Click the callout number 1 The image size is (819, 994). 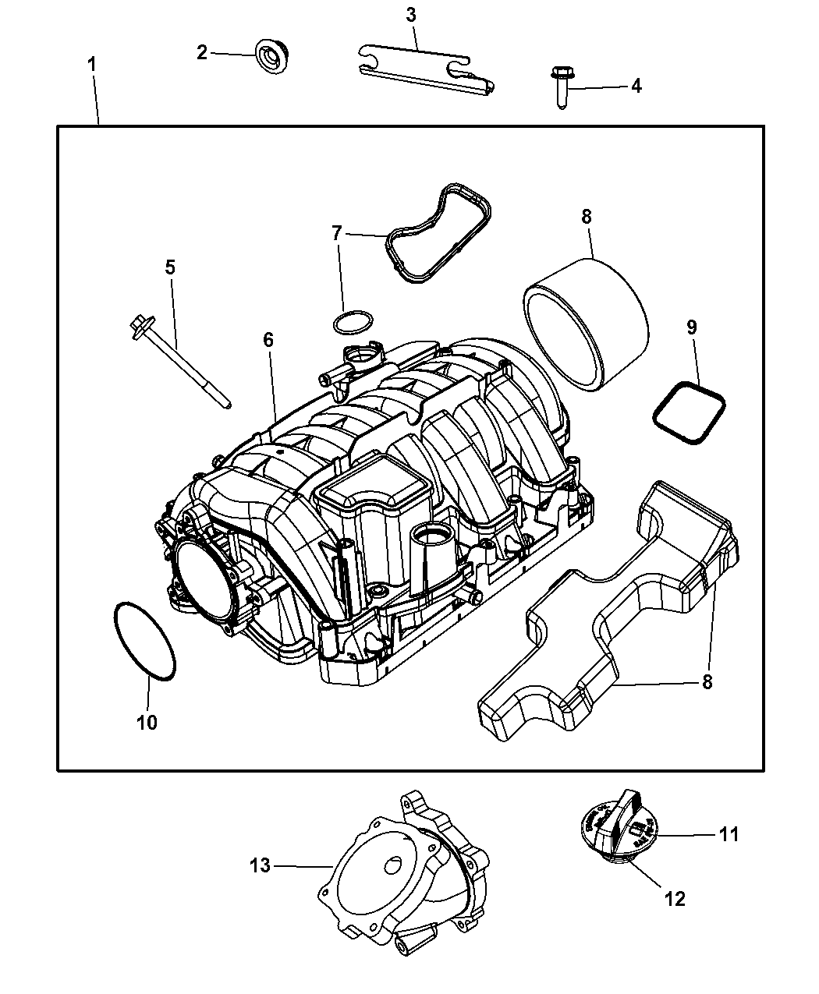click(92, 64)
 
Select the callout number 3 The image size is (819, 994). click(411, 14)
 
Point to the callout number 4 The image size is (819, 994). click(636, 86)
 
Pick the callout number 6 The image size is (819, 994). click(268, 340)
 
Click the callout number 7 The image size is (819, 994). click(337, 232)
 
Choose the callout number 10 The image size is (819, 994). click(147, 722)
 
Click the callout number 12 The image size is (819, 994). click(675, 898)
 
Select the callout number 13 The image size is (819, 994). click(260, 865)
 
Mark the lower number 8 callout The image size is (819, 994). click(707, 682)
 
